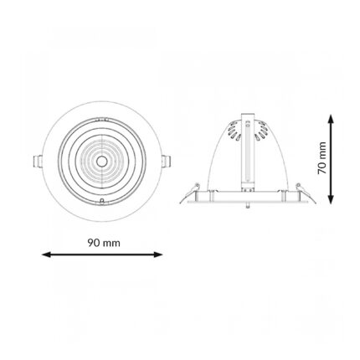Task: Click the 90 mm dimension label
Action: click(104, 243)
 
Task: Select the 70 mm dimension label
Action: click(321, 158)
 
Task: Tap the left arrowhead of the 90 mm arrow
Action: click(46, 255)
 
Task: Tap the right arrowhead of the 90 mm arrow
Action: click(158, 255)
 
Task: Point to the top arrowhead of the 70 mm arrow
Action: click(331, 119)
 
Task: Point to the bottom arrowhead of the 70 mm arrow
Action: click(331, 199)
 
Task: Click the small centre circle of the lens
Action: click(101, 161)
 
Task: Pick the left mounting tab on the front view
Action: click(37, 162)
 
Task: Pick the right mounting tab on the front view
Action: click(167, 162)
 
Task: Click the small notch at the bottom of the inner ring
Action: click(102, 201)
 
